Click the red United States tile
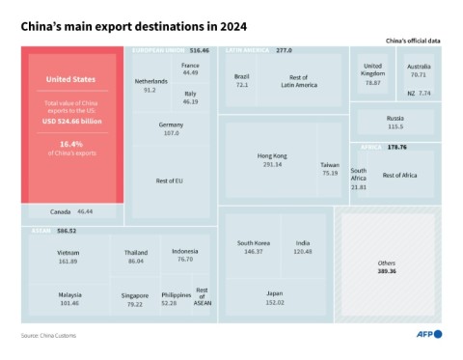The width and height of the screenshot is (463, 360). point(72,125)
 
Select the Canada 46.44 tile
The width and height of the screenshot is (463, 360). point(72,210)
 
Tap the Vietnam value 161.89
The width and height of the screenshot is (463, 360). point(68,261)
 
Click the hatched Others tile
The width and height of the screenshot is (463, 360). point(387,264)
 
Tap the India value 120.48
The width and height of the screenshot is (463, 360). point(303,251)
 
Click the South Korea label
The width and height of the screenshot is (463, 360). point(254,242)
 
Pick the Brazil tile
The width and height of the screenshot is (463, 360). point(241,80)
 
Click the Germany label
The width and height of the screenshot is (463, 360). point(171,125)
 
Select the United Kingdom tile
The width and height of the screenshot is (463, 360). point(372,75)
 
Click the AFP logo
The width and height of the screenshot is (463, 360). point(424,334)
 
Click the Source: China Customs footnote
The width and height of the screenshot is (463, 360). point(48,335)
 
